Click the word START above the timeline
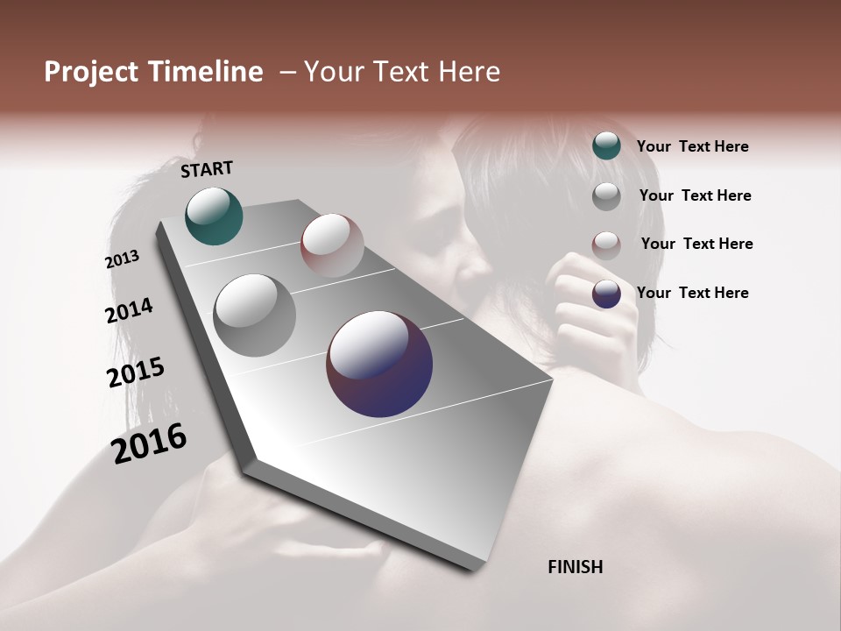pyautogui.click(x=207, y=169)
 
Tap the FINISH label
pyautogui.click(x=576, y=567)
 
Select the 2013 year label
pyautogui.click(x=123, y=259)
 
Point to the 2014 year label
pyautogui.click(x=130, y=310)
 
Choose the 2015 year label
pyautogui.click(x=136, y=372)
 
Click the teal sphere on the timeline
pyautogui.click(x=214, y=216)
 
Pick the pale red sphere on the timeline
pyautogui.click(x=332, y=245)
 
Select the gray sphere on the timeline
pyautogui.click(x=254, y=315)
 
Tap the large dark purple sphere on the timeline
pyautogui.click(x=379, y=364)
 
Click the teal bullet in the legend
pyautogui.click(x=606, y=145)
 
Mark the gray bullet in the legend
pyautogui.click(x=606, y=196)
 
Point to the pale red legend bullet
pyautogui.click(x=606, y=245)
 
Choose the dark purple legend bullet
pyautogui.click(x=606, y=294)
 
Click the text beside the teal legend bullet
pyautogui.click(x=692, y=146)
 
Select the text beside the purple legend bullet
pyautogui.click(x=692, y=293)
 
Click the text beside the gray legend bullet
pyautogui.click(x=695, y=195)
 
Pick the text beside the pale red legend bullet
pyautogui.click(x=696, y=244)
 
